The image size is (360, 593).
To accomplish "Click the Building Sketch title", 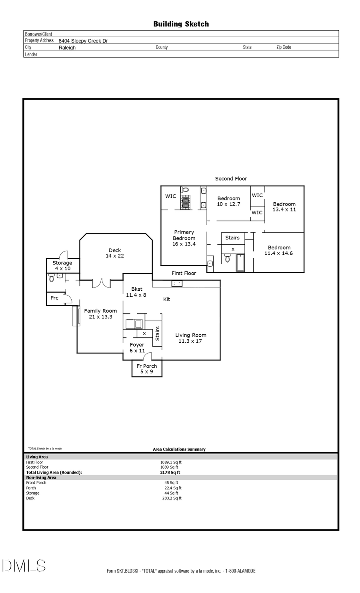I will click(181, 24).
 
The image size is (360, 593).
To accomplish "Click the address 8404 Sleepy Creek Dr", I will click(83, 41).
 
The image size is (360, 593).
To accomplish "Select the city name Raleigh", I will click(67, 48).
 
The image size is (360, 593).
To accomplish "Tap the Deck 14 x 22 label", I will click(115, 253).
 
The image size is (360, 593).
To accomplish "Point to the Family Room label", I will click(100, 313).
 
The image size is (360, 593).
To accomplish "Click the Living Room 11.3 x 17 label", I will click(190, 338).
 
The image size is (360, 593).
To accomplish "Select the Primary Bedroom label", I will click(184, 238).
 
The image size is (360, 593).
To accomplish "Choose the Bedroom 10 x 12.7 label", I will click(228, 201).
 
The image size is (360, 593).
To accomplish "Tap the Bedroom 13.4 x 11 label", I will click(284, 207).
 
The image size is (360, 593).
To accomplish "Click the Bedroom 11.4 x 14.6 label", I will click(279, 250).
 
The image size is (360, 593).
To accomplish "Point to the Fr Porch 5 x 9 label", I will click(146, 369).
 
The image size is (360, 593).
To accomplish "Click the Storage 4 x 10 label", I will click(62, 266).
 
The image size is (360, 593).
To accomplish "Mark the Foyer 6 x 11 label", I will click(137, 347).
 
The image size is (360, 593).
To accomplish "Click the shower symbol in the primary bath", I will click(185, 202).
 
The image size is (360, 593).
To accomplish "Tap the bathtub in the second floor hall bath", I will click(240, 263).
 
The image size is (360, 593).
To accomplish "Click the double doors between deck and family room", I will click(101, 283).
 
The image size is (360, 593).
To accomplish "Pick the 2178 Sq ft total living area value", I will click(170, 472).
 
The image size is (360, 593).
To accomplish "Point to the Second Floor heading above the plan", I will click(231, 179).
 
